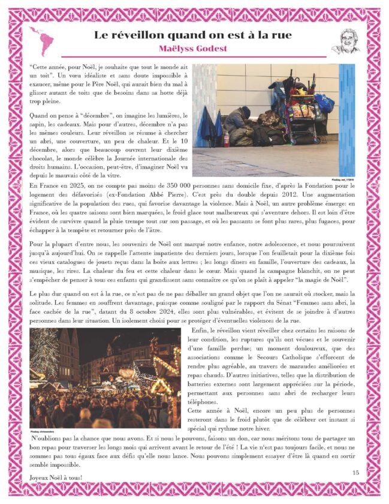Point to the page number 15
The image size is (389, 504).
[355, 473]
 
